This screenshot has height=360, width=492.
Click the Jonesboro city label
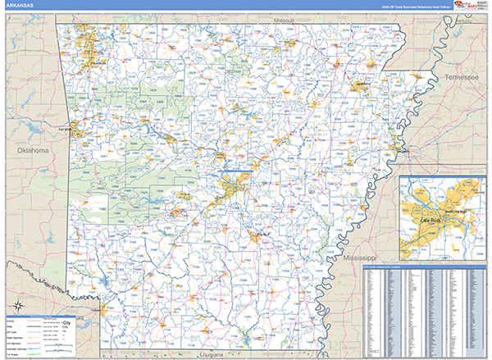[363, 84]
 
